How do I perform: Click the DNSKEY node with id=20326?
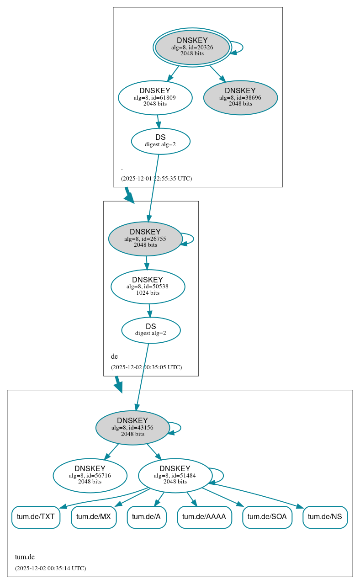click(192, 47)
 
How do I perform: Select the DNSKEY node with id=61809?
click(155, 97)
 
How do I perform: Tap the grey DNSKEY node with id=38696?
click(240, 97)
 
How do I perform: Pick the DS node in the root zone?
click(160, 141)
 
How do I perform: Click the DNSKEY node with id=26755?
click(145, 239)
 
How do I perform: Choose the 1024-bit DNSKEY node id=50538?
click(148, 287)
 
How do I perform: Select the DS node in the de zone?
click(151, 330)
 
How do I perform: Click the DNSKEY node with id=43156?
click(132, 428)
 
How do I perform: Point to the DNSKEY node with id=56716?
click(90, 475)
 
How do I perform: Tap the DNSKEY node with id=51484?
click(175, 475)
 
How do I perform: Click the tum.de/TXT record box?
click(36, 517)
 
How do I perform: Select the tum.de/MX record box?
click(94, 517)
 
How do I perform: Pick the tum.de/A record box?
click(146, 517)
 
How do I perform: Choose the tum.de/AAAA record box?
click(204, 517)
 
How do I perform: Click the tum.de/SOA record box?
click(267, 517)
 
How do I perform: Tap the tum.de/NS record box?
click(325, 517)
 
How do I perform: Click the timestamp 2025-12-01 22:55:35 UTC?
click(156, 179)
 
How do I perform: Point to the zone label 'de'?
click(114, 356)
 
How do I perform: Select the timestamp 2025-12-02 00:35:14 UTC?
click(50, 568)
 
